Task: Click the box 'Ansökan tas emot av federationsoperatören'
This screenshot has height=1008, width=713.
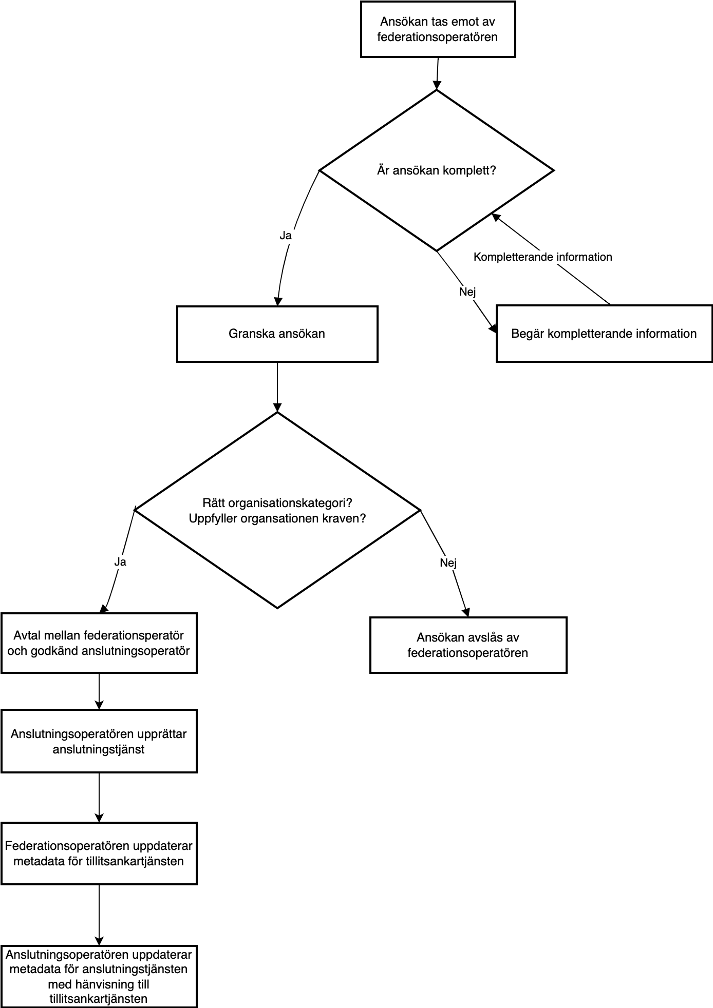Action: pyautogui.click(x=438, y=29)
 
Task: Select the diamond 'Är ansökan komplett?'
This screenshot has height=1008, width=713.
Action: pyautogui.click(x=437, y=170)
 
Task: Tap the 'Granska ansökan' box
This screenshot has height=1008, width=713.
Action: pyautogui.click(x=277, y=334)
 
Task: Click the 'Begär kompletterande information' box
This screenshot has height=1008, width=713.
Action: pyautogui.click(x=604, y=334)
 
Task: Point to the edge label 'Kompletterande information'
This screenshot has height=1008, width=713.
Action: pyautogui.click(x=543, y=257)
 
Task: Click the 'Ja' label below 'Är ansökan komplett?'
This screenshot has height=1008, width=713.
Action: pyautogui.click(x=286, y=236)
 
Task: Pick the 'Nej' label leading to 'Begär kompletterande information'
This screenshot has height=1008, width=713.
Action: pyautogui.click(x=467, y=292)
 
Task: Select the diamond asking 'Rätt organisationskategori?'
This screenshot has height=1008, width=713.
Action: pyautogui.click(x=277, y=510)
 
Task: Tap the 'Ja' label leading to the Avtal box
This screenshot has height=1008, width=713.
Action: pyautogui.click(x=120, y=561)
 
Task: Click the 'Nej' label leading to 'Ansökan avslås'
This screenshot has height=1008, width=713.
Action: pyautogui.click(x=448, y=563)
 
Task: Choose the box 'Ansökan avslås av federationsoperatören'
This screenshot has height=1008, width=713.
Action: pyautogui.click(x=468, y=645)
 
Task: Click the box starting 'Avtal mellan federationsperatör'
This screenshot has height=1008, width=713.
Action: pyautogui.click(x=99, y=643)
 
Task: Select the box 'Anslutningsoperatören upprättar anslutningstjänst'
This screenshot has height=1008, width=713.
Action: pyautogui.click(x=99, y=741)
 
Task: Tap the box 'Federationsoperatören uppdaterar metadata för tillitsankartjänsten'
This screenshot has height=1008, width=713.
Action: pyautogui.click(x=99, y=854)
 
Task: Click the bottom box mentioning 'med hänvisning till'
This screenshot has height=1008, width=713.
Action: pyautogui.click(x=99, y=976)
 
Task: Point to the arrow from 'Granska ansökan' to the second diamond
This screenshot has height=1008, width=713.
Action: pyautogui.click(x=277, y=387)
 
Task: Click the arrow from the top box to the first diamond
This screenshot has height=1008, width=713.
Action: pyautogui.click(x=437, y=73)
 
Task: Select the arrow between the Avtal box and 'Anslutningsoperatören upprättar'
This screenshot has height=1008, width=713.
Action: pyautogui.click(x=99, y=691)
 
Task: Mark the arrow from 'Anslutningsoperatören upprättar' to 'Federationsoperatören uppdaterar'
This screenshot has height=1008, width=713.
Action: pyautogui.click(x=99, y=797)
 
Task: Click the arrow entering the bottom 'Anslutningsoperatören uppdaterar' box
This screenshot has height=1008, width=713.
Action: pyautogui.click(x=99, y=915)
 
